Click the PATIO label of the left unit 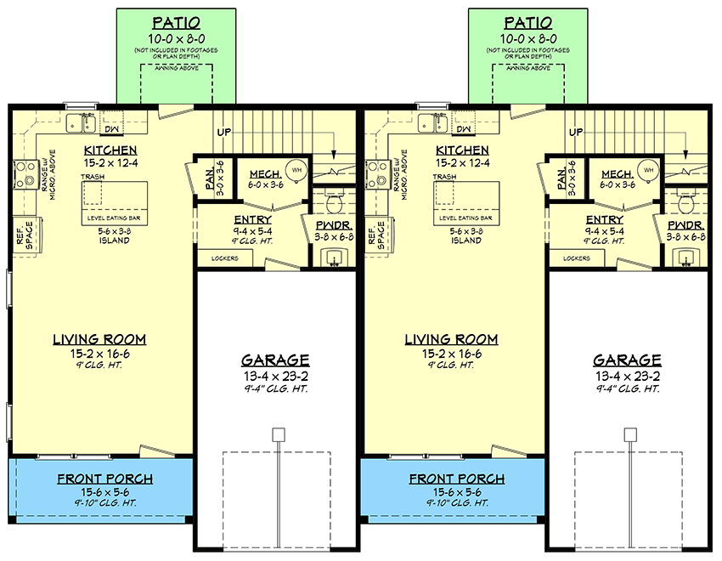[x=176, y=23]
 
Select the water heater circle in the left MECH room [x=296, y=170]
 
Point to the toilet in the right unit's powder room [x=686, y=203]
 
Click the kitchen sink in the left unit [x=82, y=124]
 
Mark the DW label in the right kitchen [x=463, y=128]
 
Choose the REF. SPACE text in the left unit [x=23, y=235]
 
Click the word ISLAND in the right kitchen [x=465, y=241]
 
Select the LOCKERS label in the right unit [x=577, y=258]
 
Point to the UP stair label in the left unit [x=224, y=133]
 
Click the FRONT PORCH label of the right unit [x=457, y=479]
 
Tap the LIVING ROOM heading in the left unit [x=99, y=339]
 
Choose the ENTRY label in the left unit [x=253, y=219]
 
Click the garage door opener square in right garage [x=629, y=434]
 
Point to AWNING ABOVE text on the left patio [x=176, y=66]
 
